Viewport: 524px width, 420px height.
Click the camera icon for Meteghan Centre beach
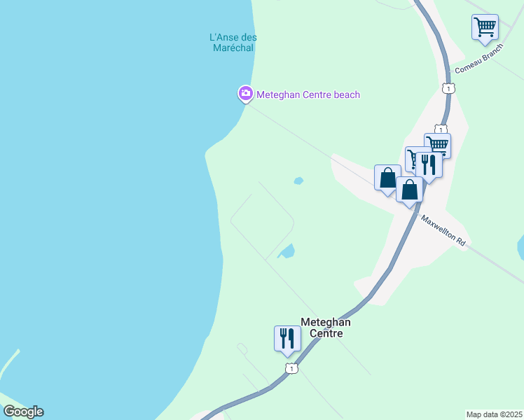click(245, 93)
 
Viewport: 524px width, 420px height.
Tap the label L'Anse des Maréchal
click(233, 43)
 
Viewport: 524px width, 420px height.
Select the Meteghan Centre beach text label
click(308, 94)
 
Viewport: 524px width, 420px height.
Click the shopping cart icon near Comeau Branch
click(485, 27)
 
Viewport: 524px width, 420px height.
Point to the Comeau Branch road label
click(479, 62)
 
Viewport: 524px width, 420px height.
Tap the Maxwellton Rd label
click(443, 229)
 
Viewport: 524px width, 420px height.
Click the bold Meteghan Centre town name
click(325, 328)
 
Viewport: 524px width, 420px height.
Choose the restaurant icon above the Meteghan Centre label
click(287, 338)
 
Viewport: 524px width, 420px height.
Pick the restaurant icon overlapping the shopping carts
click(429, 165)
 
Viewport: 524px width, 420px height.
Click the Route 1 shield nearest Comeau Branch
click(448, 87)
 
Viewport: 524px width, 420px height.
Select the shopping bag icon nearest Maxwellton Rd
click(409, 190)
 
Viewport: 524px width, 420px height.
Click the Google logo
click(23, 412)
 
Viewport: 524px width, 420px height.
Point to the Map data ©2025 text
click(495, 414)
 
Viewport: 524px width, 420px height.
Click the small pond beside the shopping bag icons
click(298, 181)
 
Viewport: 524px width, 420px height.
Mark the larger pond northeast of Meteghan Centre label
click(287, 251)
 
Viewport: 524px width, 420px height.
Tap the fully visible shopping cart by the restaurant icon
click(438, 145)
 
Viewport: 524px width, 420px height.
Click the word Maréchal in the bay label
click(233, 48)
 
